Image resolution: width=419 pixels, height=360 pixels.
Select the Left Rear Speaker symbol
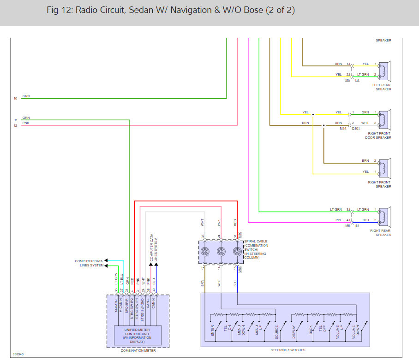coord(384,70)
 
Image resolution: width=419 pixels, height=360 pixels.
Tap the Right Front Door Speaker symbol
coord(384,118)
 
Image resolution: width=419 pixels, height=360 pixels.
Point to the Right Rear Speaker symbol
coord(384,215)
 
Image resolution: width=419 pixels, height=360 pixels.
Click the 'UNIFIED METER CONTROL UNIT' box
coord(138,335)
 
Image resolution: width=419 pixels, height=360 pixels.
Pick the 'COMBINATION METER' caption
coord(138,351)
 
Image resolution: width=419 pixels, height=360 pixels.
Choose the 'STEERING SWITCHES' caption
coord(285,350)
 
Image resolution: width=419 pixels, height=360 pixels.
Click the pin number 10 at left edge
coord(15,99)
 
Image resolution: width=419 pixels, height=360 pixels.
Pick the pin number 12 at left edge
coord(15,125)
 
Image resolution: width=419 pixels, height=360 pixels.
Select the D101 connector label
coord(356,129)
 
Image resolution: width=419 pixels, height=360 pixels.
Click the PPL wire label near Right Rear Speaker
coord(338,220)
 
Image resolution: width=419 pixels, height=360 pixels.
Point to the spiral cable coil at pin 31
coord(237,252)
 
